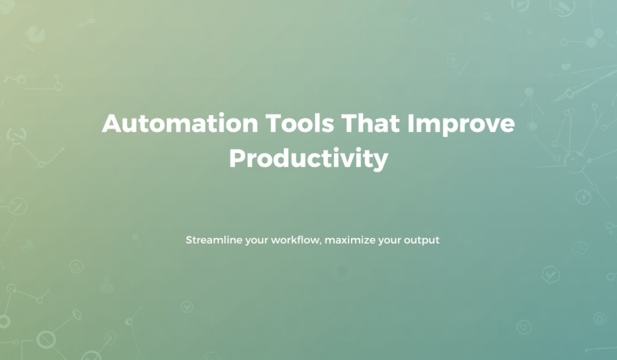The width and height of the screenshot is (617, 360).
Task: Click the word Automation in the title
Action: pos(180,123)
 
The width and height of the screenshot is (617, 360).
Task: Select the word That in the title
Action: pos(370,123)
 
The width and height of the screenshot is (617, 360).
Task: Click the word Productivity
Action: pos(308,159)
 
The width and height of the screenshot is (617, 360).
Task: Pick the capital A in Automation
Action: pos(112,123)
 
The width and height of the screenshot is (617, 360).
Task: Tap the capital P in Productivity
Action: pos(238,158)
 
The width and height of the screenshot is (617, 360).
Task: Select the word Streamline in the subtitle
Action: pos(214,240)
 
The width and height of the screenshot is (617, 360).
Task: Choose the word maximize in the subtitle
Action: pos(350,240)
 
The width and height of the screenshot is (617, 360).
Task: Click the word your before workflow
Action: pos(256,241)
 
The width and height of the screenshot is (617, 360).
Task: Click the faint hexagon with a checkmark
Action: pos(551,274)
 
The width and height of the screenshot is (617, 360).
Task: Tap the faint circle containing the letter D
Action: pos(599,318)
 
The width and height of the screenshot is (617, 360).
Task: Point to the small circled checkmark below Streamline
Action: pos(187,307)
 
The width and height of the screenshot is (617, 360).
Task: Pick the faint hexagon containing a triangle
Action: pos(76,266)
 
